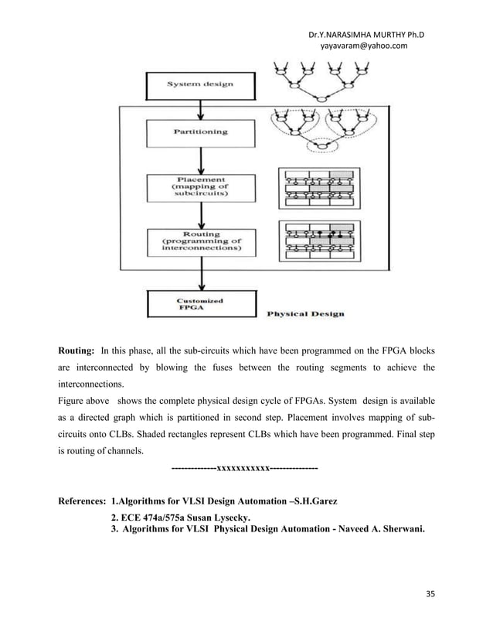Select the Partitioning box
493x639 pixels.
click(x=199, y=132)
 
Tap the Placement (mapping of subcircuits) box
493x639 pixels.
click(x=199, y=186)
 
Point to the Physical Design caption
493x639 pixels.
click(x=305, y=314)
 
